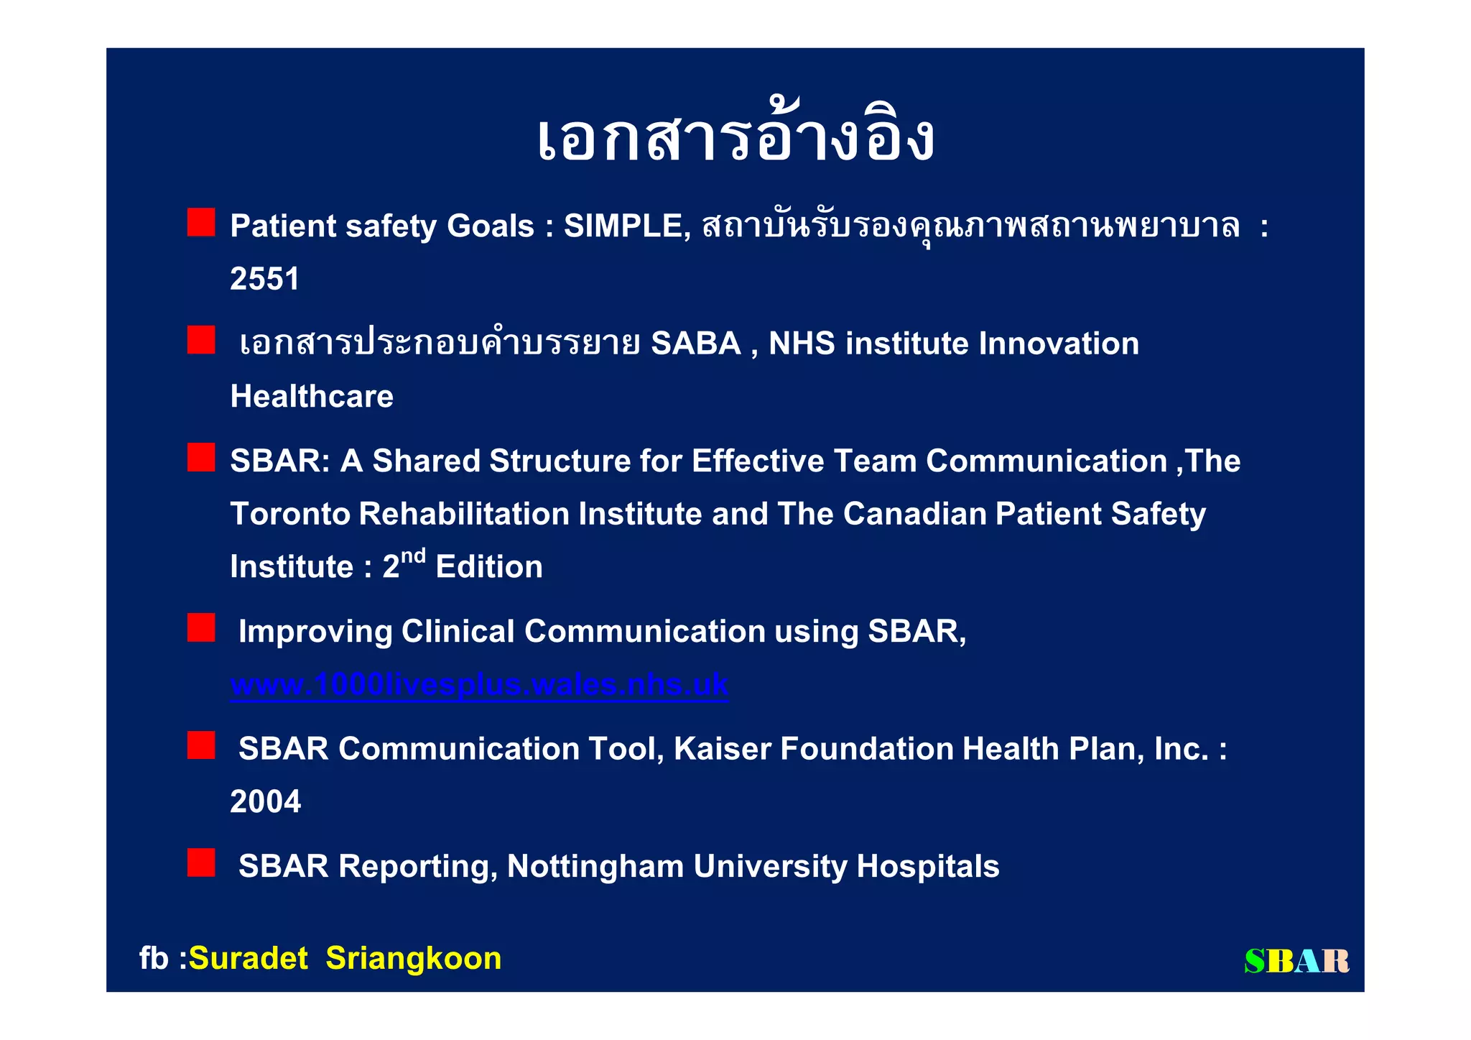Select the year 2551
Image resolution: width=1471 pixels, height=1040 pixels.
pyautogui.click(x=264, y=279)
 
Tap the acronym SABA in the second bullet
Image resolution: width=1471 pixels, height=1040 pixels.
pyautogui.click(x=695, y=344)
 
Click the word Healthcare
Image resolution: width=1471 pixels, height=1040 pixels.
pyautogui.click(x=312, y=397)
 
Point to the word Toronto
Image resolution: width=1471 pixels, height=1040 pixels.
pyautogui.click(x=289, y=514)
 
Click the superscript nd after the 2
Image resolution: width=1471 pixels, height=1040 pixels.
pyautogui.click(x=413, y=556)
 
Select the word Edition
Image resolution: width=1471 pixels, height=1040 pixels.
pyautogui.click(x=489, y=567)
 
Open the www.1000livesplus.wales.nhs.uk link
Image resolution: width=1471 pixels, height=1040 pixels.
pyautogui.click(x=479, y=684)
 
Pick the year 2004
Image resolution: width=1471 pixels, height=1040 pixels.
pyautogui.click(x=265, y=802)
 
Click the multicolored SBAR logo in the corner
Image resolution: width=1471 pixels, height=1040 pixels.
pyautogui.click(x=1296, y=961)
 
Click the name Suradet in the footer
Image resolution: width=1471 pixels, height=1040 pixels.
pyautogui.click(x=248, y=959)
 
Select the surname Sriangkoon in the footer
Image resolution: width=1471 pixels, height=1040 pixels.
pyautogui.click(x=413, y=959)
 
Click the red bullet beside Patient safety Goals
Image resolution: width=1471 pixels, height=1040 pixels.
pyautogui.click(x=201, y=223)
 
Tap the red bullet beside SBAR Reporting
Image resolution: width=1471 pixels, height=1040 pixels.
pyautogui.click(x=201, y=862)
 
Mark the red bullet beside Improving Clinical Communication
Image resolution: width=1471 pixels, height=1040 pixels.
pyautogui.click(x=201, y=627)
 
